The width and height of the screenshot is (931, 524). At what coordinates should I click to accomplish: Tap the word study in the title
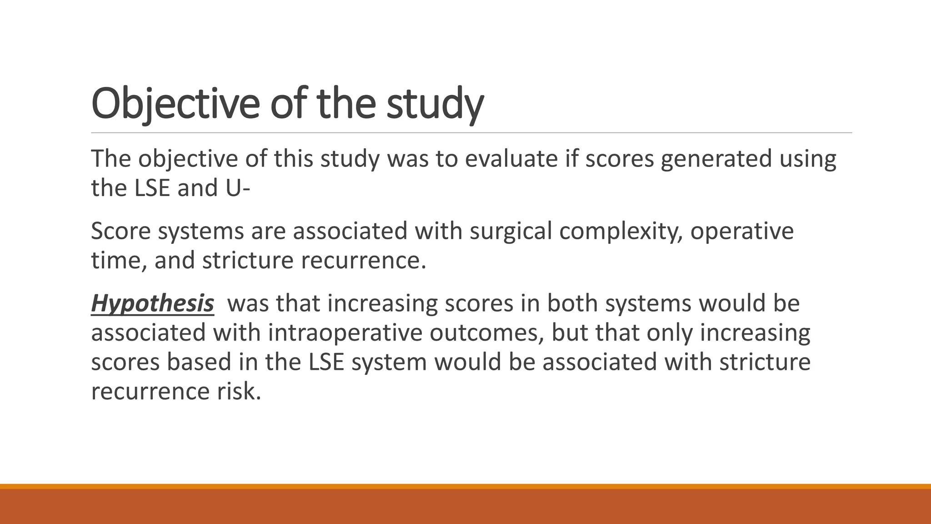click(435, 104)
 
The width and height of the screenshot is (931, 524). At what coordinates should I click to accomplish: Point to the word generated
click(716, 159)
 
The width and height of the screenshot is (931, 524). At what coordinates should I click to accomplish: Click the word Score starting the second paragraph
click(120, 231)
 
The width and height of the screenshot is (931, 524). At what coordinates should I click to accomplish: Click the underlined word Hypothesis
click(152, 303)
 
